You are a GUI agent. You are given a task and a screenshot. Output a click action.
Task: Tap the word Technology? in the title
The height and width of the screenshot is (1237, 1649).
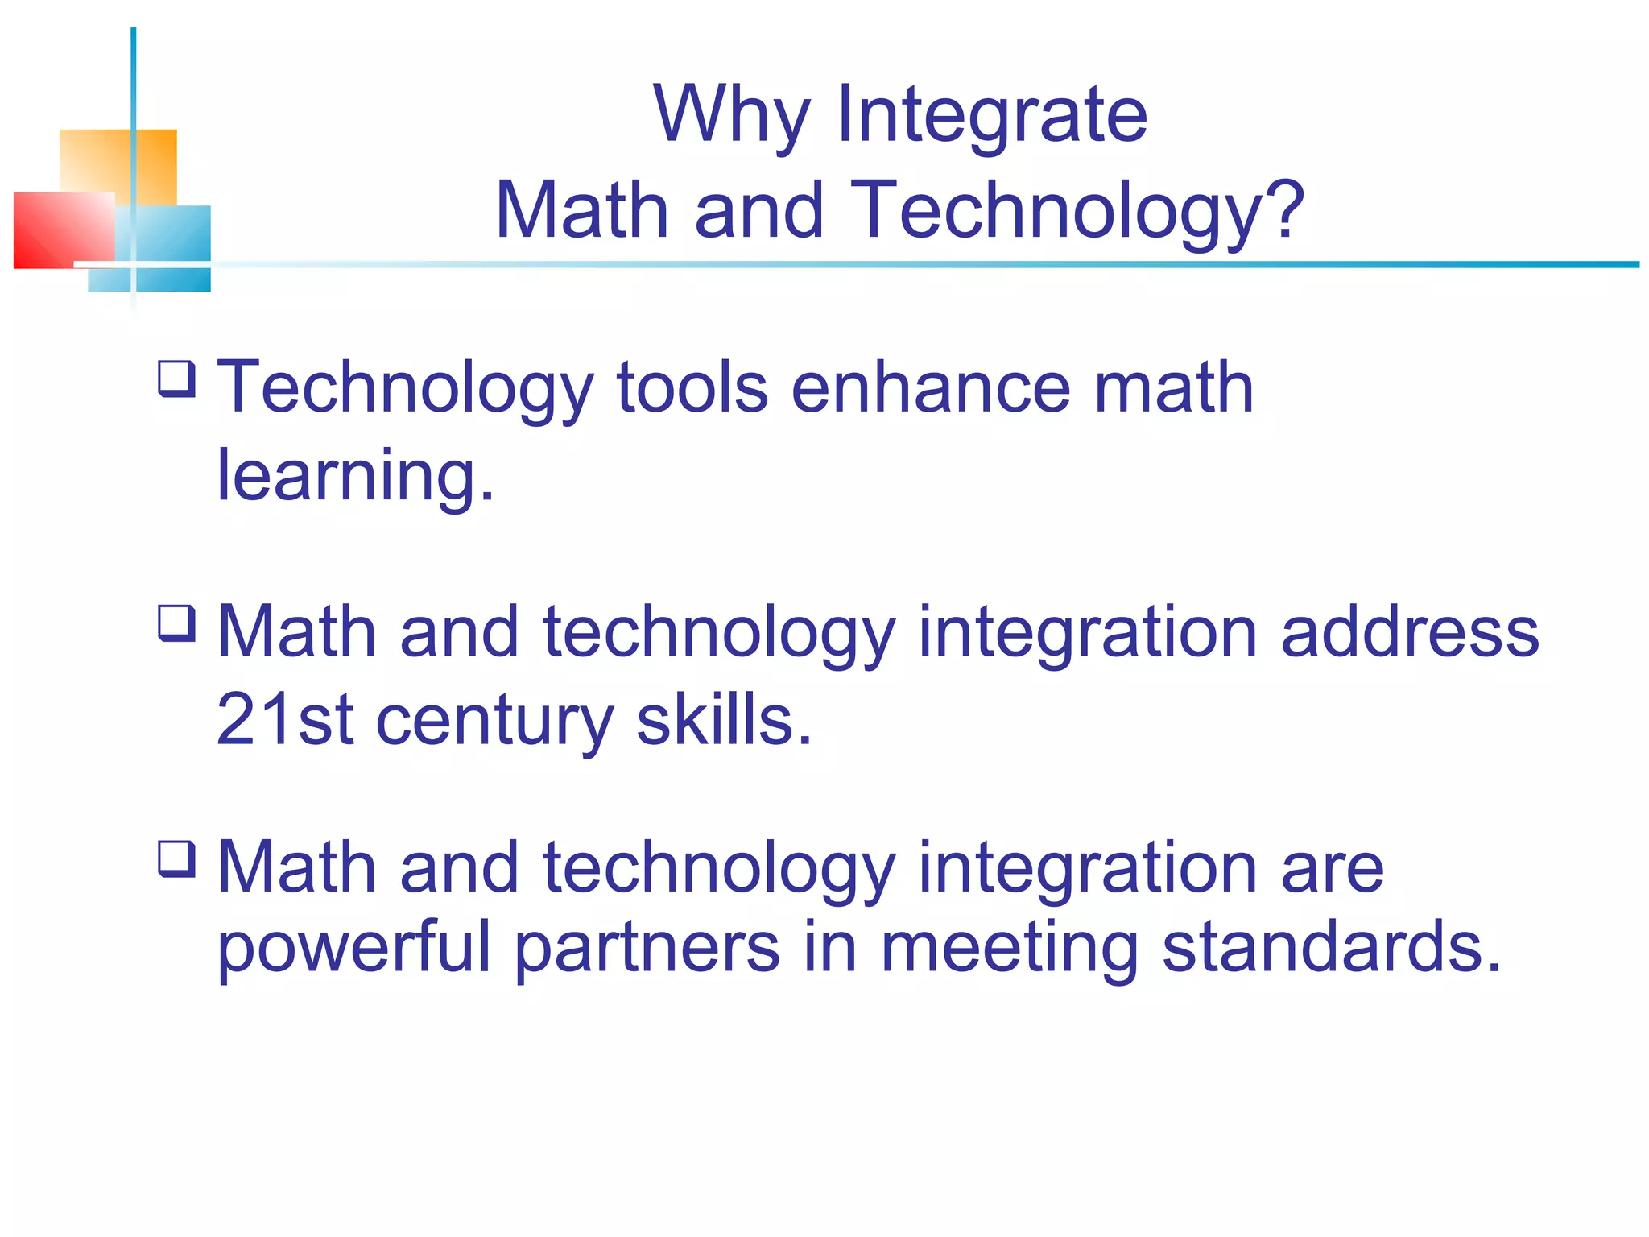click(1077, 211)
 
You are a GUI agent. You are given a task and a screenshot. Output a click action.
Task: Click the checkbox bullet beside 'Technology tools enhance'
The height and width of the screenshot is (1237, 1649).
click(176, 379)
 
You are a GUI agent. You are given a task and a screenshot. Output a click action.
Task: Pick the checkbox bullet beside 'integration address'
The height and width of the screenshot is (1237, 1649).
click(176, 623)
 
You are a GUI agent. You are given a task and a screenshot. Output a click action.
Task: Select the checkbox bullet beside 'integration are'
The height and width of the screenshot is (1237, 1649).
click(176, 858)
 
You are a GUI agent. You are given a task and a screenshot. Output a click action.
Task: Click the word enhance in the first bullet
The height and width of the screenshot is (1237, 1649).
click(931, 388)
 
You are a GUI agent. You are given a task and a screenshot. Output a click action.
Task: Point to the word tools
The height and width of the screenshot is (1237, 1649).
click(692, 388)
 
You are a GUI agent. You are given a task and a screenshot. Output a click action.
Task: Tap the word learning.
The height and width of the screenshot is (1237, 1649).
click(355, 477)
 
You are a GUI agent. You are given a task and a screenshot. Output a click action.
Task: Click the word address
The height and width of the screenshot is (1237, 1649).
click(1409, 632)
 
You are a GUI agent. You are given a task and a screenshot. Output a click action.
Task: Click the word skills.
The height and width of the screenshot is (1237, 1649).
click(724, 719)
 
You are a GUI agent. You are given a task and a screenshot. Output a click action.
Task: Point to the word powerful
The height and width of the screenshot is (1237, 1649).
click(353, 949)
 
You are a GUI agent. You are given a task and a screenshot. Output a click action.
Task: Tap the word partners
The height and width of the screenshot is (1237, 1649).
click(647, 949)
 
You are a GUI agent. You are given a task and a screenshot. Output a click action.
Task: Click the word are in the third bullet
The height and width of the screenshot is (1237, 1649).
click(1332, 870)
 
